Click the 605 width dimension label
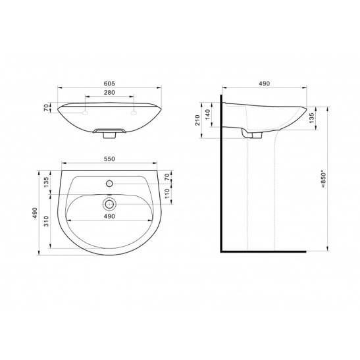click(109, 84)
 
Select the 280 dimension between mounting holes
click(109, 93)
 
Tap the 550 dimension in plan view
click(109, 159)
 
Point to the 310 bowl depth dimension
click(46, 221)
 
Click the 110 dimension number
click(167, 193)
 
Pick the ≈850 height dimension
click(323, 179)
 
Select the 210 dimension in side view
click(197, 120)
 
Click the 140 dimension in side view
click(207, 114)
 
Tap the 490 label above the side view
click(265, 84)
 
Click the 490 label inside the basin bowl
click(109, 217)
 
